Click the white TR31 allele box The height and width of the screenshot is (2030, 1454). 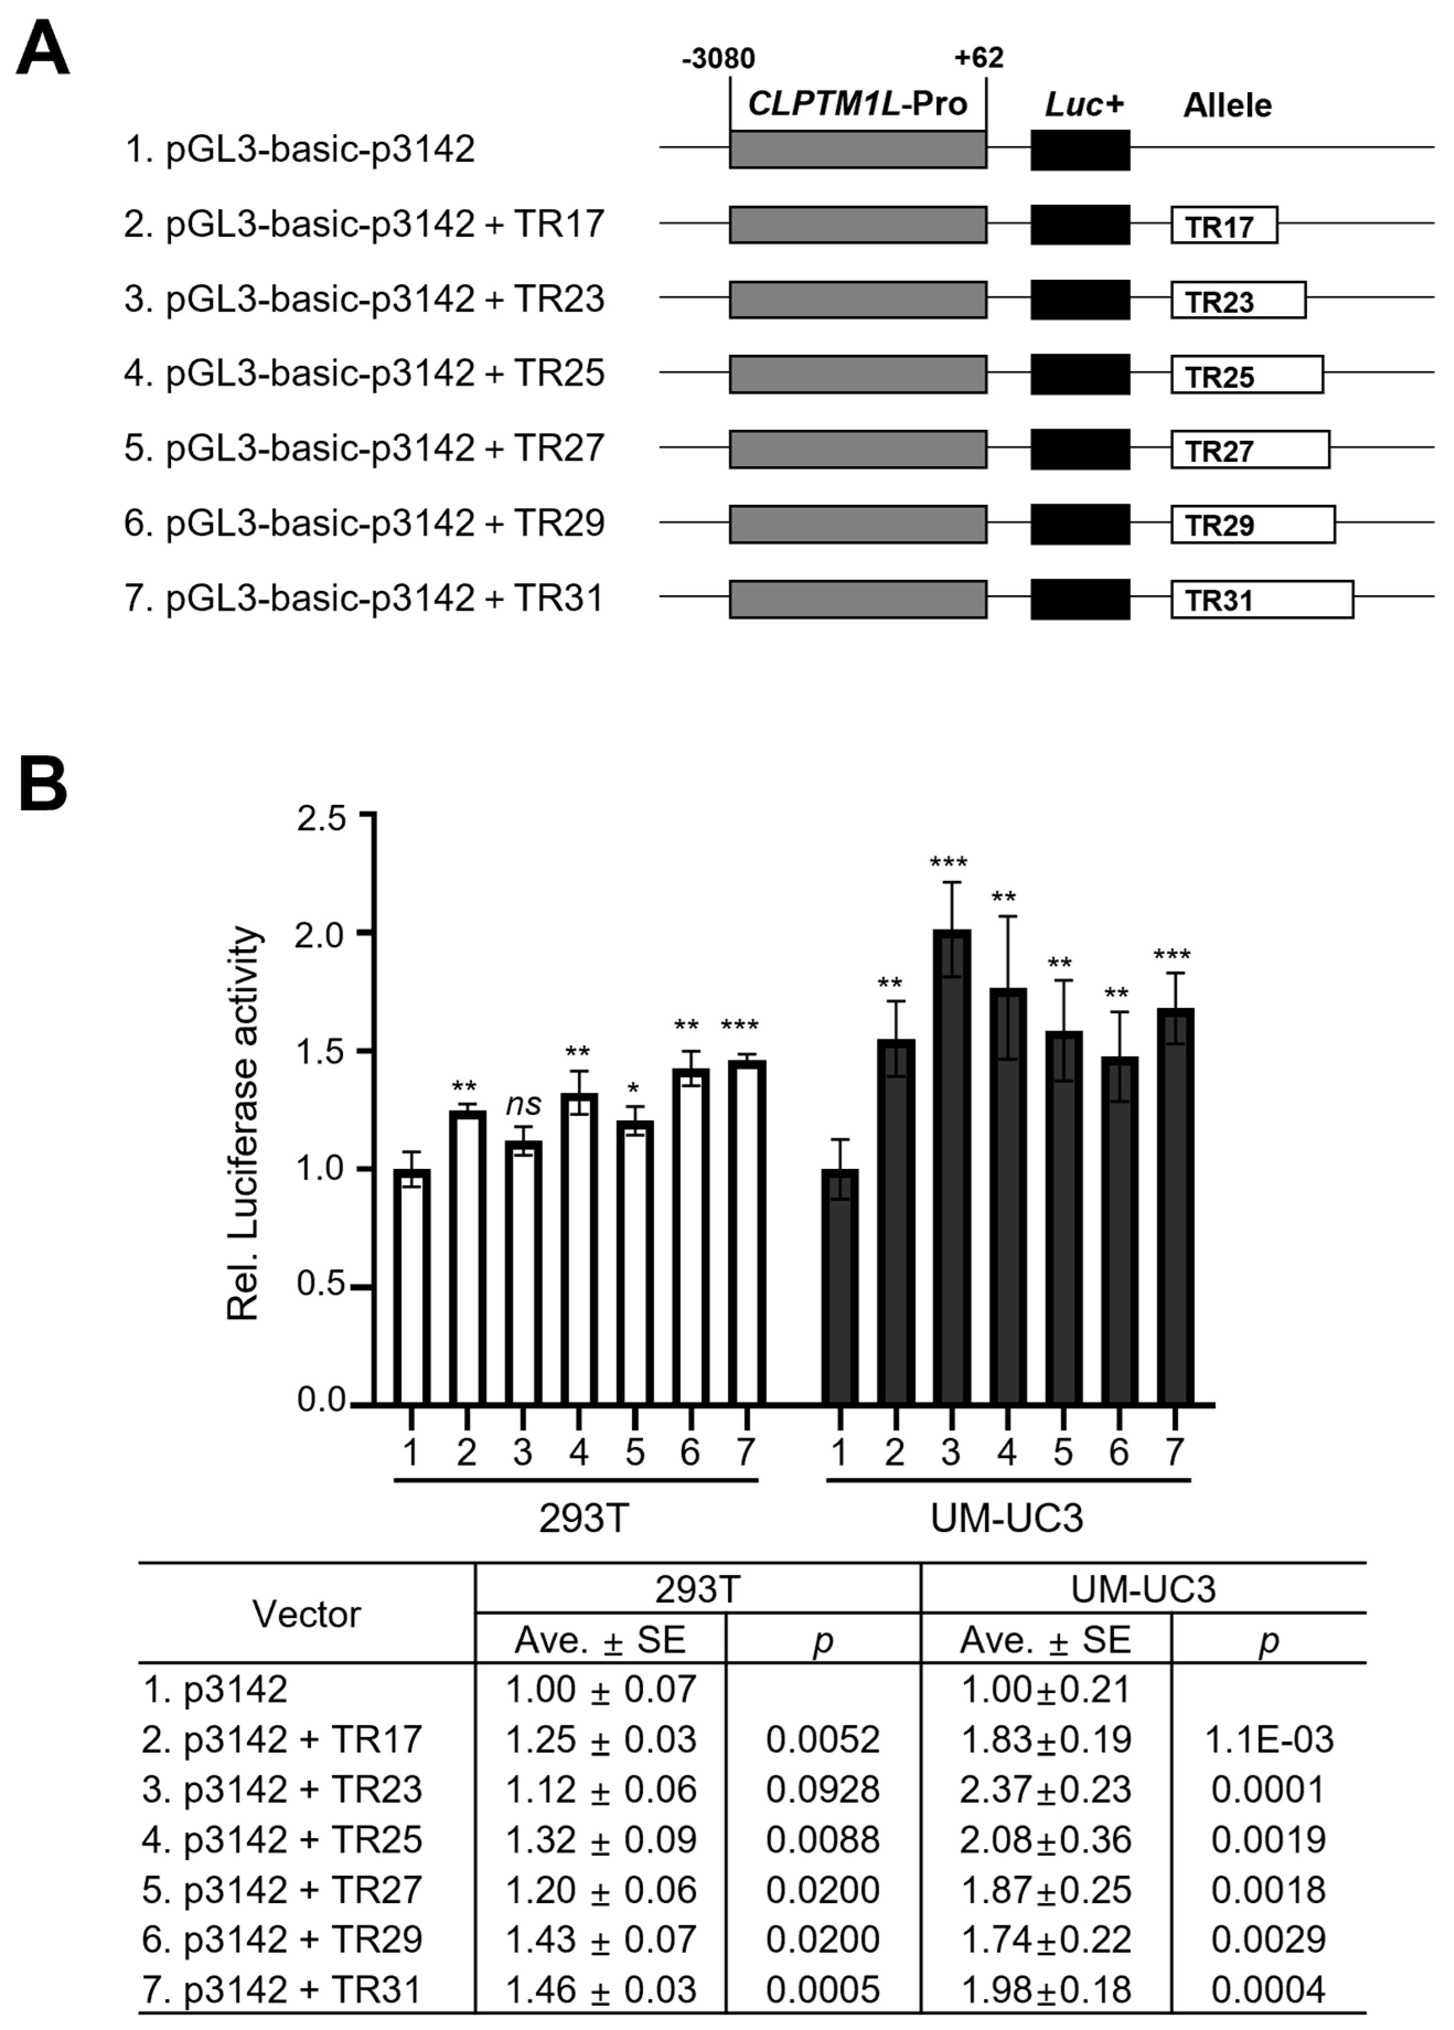coord(1262,599)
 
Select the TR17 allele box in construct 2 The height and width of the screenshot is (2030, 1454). coord(1223,226)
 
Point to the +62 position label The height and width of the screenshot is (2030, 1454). coord(978,58)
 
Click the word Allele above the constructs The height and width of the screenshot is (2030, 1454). coord(1227,105)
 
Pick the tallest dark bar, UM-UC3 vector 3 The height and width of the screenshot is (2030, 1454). coord(951,1163)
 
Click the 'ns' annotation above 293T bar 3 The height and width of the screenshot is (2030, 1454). coord(523,1104)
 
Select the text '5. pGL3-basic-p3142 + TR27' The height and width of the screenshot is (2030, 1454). coord(364,447)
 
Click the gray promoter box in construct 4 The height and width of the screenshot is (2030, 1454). coord(857,374)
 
